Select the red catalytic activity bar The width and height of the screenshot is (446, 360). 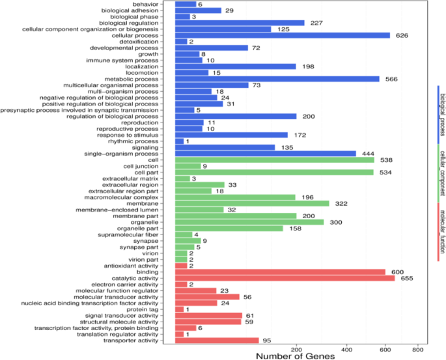285,279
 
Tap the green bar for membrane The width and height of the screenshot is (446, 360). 252,204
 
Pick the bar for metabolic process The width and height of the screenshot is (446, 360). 277,79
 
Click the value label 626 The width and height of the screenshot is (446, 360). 402,36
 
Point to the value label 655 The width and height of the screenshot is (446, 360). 407,279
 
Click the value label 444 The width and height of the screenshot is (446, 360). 368,154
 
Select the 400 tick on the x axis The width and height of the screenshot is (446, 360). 347,349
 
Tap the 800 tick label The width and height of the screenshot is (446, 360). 418,349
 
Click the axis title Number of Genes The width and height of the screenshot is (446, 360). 295,356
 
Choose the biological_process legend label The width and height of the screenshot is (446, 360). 442,115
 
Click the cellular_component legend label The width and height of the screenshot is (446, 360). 442,173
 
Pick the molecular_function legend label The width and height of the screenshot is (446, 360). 442,232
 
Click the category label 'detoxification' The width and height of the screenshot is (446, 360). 139,42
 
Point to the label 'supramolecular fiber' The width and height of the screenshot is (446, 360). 128,235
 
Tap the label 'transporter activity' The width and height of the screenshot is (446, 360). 131,340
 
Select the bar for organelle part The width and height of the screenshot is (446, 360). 229,228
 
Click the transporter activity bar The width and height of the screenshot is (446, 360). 217,340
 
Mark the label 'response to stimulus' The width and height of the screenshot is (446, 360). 128,135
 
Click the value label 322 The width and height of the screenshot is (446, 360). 341,204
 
